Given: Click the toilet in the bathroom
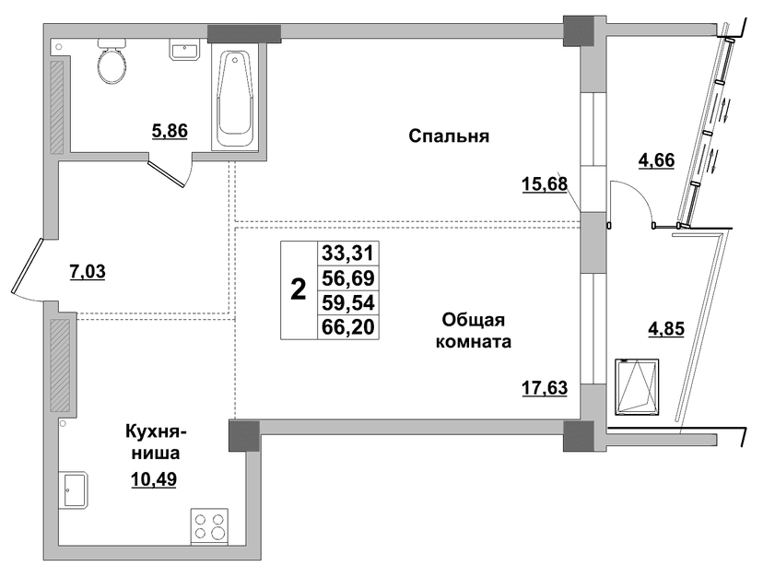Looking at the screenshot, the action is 112,63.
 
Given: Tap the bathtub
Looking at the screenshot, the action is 235,99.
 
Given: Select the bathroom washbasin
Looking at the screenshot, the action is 184,50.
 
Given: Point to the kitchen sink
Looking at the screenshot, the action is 74,490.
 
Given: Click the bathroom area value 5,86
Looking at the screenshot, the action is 170,131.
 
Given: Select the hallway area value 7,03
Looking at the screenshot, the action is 88,271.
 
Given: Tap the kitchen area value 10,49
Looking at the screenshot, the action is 154,479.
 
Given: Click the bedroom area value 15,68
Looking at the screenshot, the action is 545,184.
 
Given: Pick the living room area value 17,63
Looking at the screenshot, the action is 545,388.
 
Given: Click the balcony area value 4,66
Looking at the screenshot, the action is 656,159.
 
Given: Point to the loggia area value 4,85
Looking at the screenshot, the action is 666,328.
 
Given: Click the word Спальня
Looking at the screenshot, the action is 449,136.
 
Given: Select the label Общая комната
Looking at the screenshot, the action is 473,331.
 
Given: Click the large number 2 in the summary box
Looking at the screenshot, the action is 298,290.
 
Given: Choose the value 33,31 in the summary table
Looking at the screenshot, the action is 348,254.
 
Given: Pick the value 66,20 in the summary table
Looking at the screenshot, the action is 348,326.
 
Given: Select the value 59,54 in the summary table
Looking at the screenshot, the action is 348,302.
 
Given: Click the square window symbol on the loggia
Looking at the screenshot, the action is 637,387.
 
